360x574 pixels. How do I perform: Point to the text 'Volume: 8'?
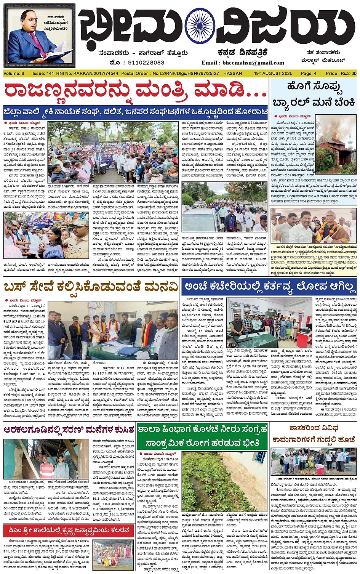pyautogui.click(x=14, y=73)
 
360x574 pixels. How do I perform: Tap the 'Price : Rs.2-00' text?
pyautogui.click(x=341, y=73)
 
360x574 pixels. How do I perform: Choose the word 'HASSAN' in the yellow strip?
pyautogui.click(x=232, y=73)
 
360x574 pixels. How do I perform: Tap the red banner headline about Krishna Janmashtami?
pyautogui.click(x=67, y=530)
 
